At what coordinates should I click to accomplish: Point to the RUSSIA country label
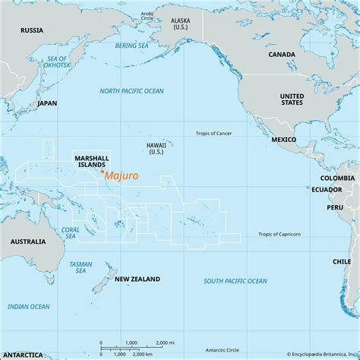pos(31,31)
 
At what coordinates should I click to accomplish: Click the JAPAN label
pos(47,103)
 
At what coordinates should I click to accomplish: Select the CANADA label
pos(282,55)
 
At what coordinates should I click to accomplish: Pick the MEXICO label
pos(284,141)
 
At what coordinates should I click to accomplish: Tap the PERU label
pos(335,207)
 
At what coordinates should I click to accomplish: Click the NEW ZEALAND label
pos(137,279)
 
